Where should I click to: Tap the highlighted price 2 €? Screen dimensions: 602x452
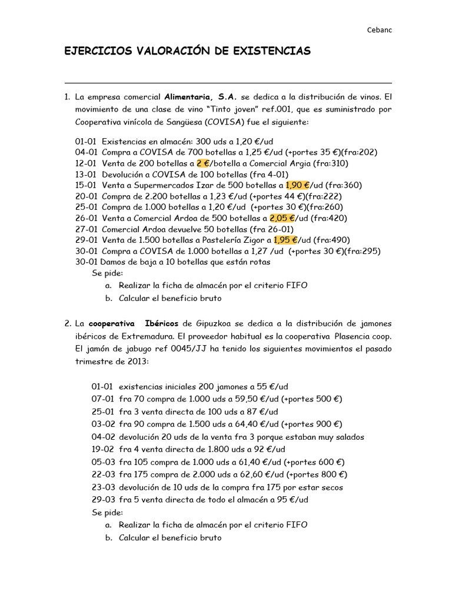point(202,163)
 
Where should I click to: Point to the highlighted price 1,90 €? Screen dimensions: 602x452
point(297,185)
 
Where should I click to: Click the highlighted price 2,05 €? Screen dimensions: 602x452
point(282,218)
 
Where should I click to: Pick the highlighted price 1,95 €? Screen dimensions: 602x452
point(286,240)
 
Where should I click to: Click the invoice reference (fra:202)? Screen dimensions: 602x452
point(360,152)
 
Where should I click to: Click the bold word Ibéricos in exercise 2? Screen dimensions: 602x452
point(161,323)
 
